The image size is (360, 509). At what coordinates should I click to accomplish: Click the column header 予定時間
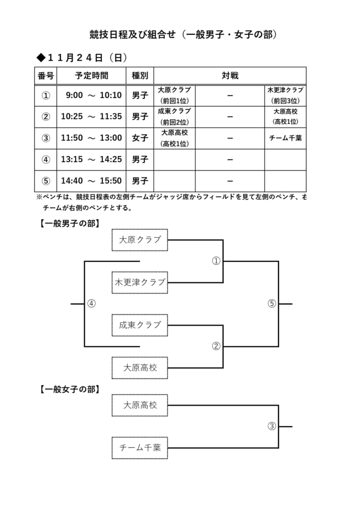tap(91, 76)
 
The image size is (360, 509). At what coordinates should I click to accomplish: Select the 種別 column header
tap(140, 76)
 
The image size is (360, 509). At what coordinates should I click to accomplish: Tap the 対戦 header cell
tap(230, 76)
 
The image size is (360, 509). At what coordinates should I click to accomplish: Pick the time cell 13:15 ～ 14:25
tap(91, 160)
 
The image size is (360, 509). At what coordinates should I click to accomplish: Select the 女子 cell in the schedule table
tap(140, 138)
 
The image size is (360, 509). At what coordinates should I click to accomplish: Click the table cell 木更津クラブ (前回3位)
tap(285, 95)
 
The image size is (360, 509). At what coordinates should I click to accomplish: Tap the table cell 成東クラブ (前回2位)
tap(175, 117)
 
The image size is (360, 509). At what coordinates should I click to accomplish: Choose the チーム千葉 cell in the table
tap(285, 138)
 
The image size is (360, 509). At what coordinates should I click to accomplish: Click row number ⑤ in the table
tap(46, 181)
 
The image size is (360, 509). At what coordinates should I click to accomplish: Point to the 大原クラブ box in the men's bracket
tap(140, 240)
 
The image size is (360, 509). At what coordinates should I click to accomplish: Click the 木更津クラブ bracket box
tap(140, 282)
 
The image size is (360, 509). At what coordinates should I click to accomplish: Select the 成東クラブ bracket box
tap(140, 325)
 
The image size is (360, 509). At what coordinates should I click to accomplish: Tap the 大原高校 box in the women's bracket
tap(140, 405)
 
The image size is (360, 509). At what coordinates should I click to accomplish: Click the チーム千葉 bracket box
tap(140, 448)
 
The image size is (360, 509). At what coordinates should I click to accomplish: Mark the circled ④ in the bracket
tap(91, 304)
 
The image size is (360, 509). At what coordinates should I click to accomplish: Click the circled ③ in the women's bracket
tap(271, 426)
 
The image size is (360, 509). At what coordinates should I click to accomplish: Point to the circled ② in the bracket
tap(216, 346)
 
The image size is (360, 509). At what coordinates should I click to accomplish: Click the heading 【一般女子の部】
tap(70, 389)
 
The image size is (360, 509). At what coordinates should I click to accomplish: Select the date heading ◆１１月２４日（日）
tap(82, 58)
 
